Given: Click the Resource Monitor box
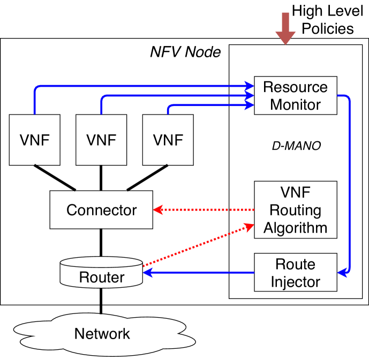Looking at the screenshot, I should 295,96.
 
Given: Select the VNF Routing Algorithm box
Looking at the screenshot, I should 295,209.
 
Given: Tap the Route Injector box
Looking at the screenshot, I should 295,273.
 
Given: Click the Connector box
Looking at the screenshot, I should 101,210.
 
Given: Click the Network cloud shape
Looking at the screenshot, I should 102,334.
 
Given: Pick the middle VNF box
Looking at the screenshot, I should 101,140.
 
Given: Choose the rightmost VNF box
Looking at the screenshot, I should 168,140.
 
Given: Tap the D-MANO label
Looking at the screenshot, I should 295,145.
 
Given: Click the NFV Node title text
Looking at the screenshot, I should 185,52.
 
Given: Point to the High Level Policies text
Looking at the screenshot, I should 328,18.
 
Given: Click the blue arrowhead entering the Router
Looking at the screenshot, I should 148,273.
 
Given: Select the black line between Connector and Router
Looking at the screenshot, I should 101,243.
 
